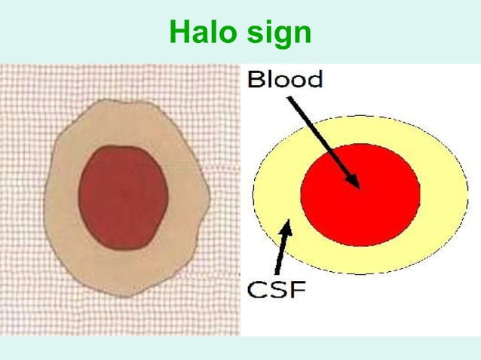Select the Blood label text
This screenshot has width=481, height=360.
[x=286, y=78]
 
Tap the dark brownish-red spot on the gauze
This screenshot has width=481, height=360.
[x=122, y=197]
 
